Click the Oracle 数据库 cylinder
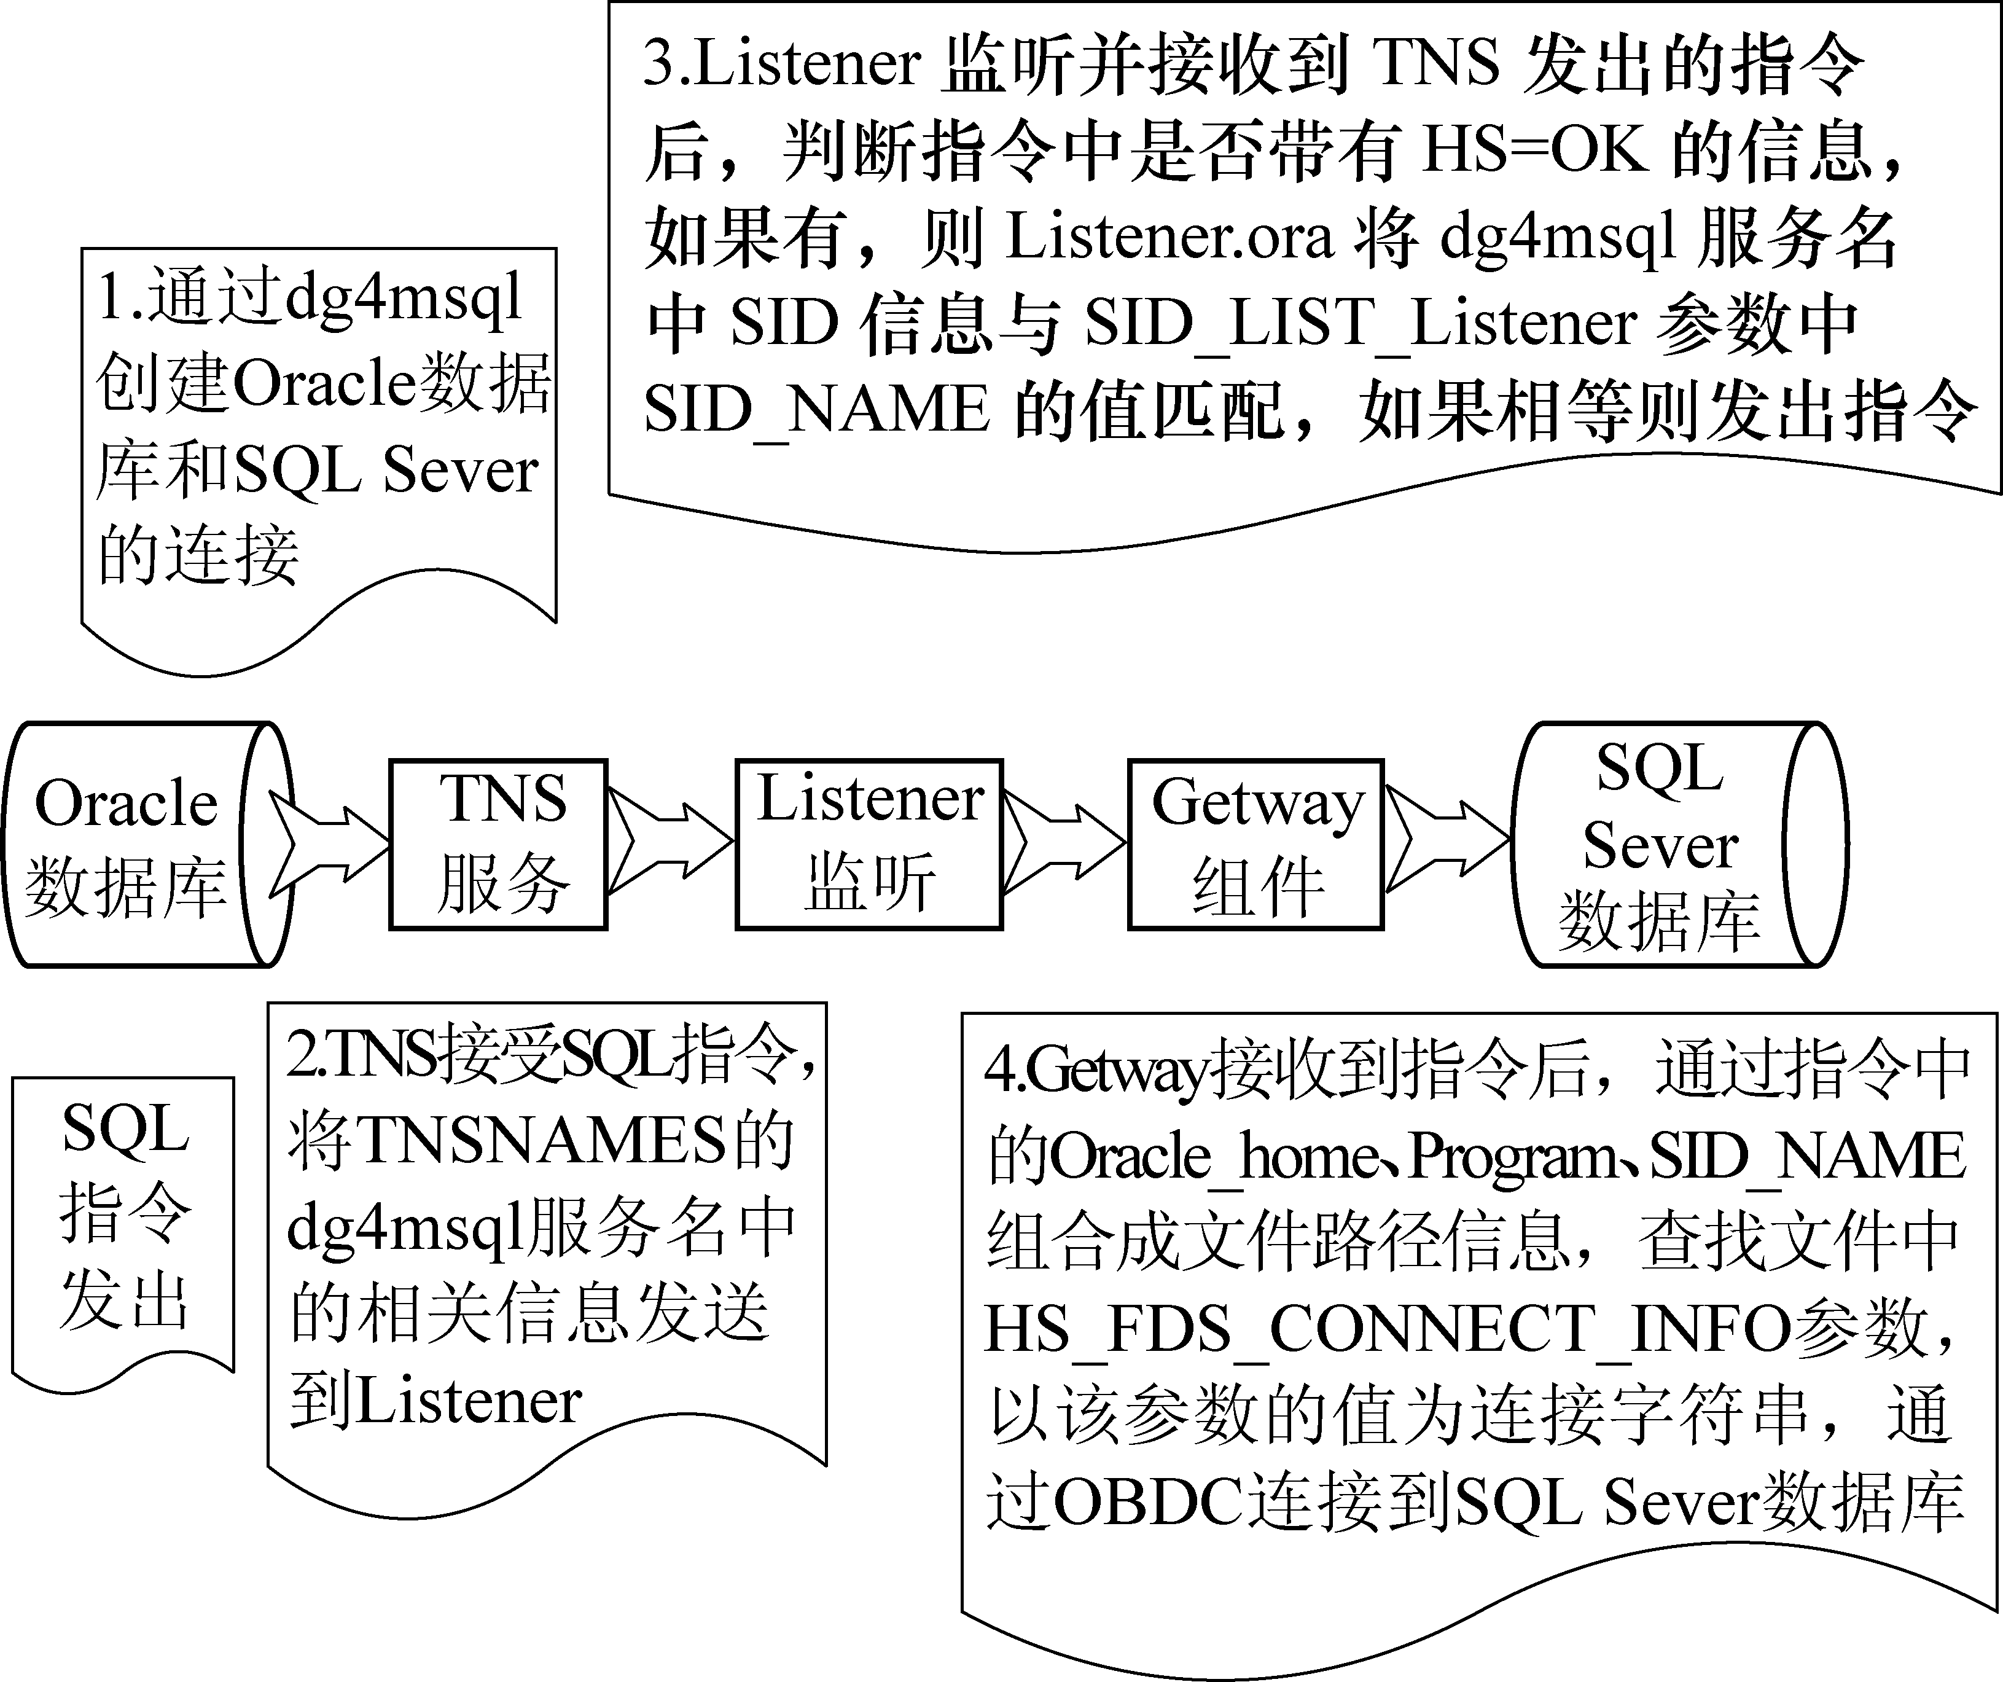133,844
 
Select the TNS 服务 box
498,844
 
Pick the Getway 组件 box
1256,844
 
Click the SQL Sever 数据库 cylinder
1660,844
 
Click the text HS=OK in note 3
1535,150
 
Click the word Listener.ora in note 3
1168,237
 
